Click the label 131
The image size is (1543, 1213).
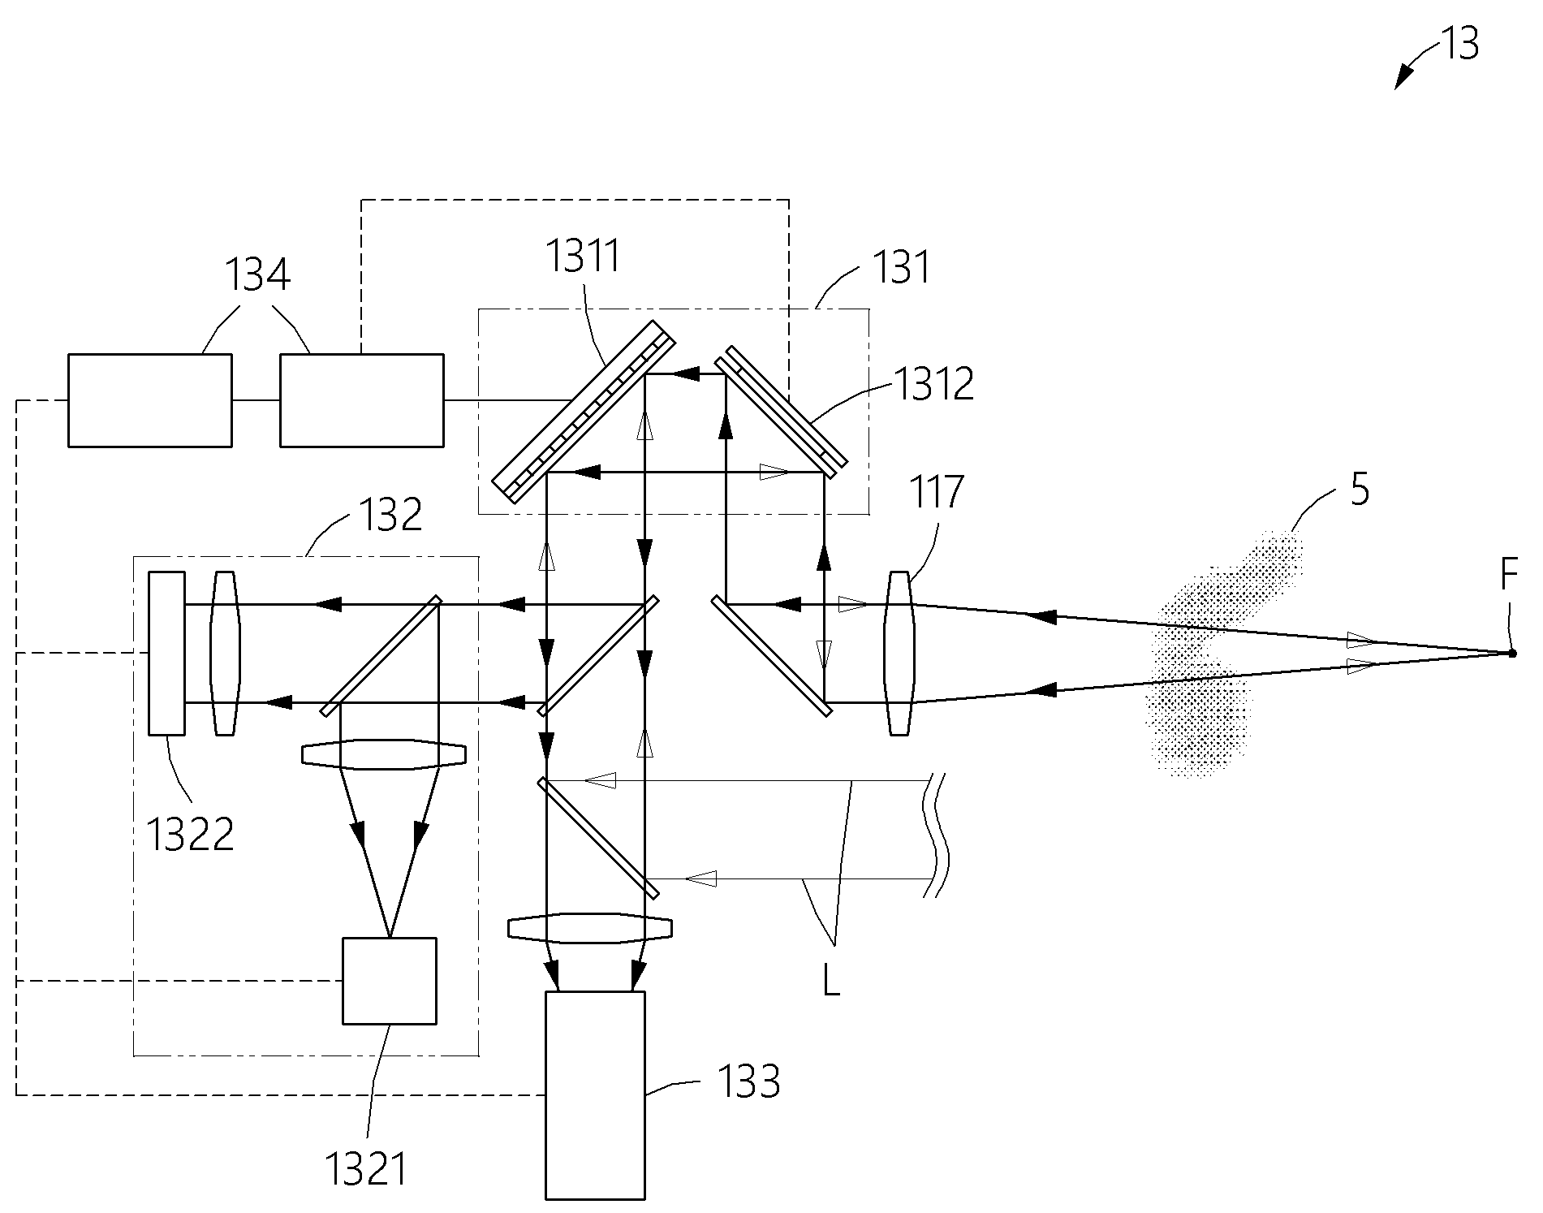[901, 266]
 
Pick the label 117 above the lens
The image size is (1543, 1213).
[937, 491]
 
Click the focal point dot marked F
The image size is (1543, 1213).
[1511, 653]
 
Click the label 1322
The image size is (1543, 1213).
[190, 833]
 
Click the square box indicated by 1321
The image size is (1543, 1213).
[390, 981]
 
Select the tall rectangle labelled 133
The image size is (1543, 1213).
[595, 1095]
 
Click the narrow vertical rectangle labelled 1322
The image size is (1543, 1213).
[166, 653]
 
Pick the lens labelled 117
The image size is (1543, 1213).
[899, 654]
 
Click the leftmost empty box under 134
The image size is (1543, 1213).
[149, 400]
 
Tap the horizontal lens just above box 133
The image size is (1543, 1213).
[590, 929]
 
